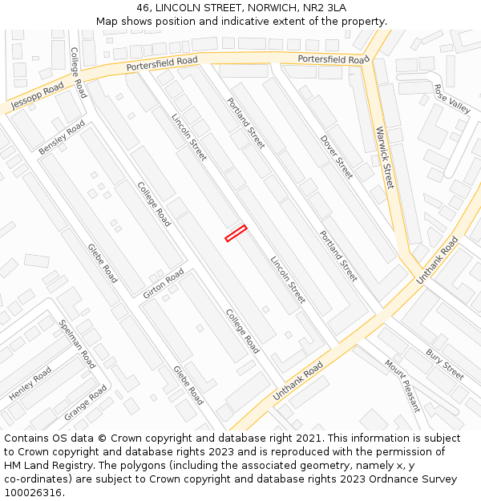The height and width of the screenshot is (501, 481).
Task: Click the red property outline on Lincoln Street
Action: point(236,233)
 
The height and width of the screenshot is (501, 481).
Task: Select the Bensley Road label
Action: point(62,137)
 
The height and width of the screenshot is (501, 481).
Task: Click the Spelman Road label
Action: point(78,343)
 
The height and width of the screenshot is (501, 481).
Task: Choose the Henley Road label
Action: point(30,384)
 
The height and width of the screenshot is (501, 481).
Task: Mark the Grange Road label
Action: point(85,403)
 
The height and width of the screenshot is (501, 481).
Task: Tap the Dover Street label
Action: point(337,156)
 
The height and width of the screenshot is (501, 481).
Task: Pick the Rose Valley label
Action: point(452,99)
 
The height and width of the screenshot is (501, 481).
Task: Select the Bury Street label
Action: point(445,364)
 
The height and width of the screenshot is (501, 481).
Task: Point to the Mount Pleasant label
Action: point(402,385)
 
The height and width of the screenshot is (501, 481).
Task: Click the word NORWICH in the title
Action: point(261,7)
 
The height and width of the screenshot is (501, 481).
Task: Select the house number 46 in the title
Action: point(144,7)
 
